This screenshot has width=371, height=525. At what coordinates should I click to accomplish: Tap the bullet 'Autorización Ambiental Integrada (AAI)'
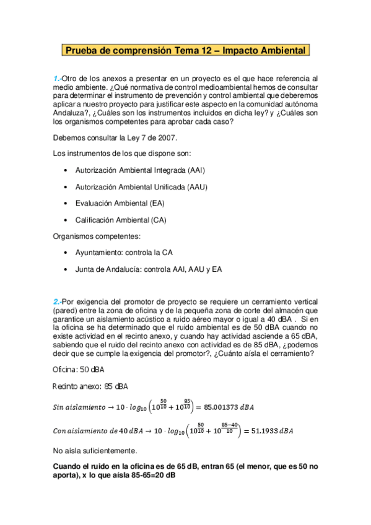tap(140, 170)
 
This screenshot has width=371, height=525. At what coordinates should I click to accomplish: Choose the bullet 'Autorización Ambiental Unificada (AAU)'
tap(141, 186)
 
